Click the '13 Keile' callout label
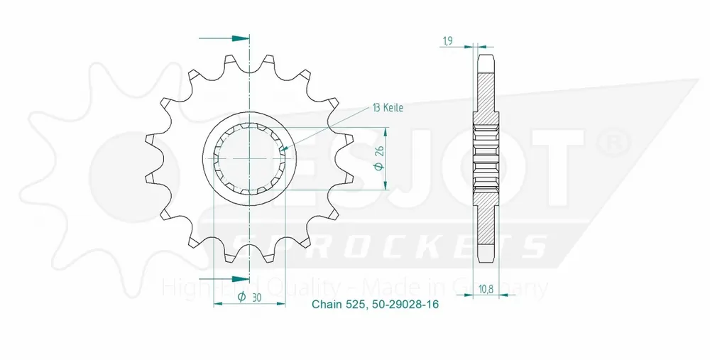pos(388,108)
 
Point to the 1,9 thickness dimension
pos(448,41)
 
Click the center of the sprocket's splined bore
pos(249,158)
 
